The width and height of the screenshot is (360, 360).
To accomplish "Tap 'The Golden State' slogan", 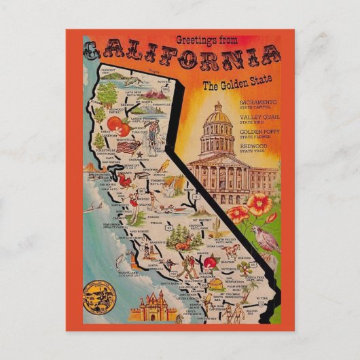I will coord(228,87).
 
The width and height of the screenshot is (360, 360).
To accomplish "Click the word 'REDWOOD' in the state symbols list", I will coord(253,146).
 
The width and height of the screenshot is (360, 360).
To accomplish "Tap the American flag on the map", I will coord(126,147).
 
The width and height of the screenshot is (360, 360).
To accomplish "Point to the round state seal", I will coord(96,297).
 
